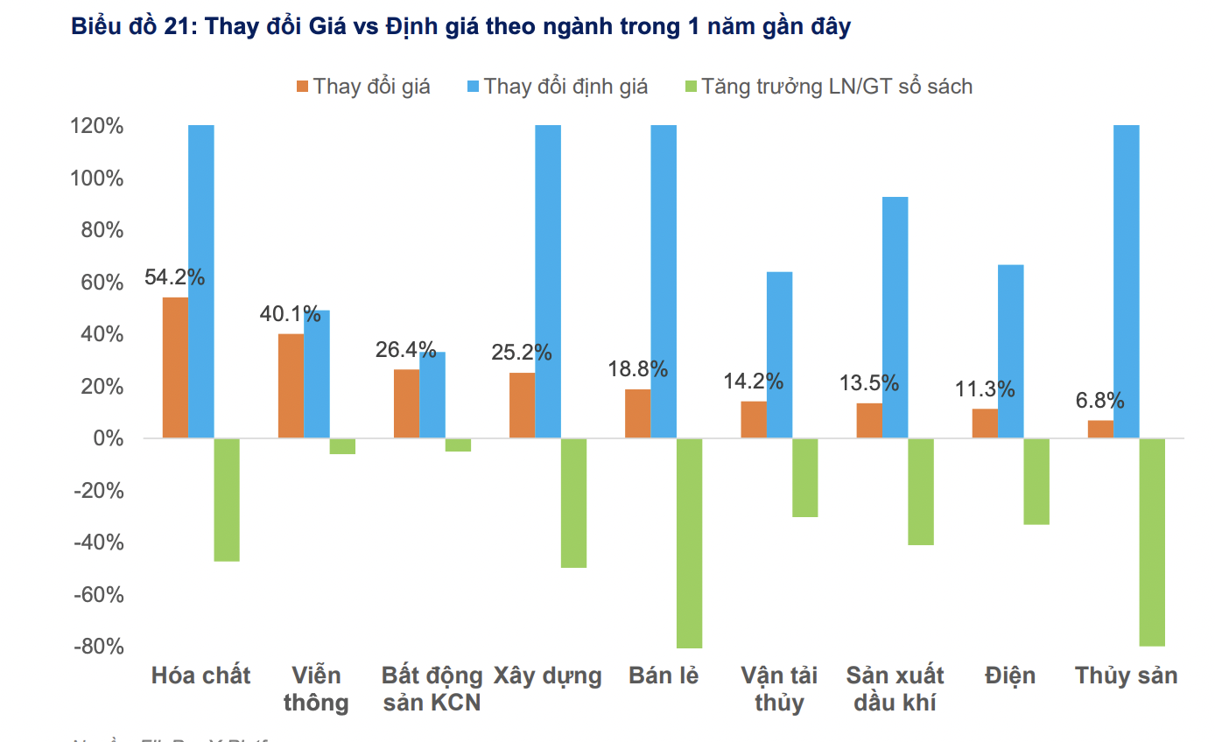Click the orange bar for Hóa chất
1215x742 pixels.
click(x=175, y=367)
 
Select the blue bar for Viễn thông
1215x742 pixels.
click(x=317, y=374)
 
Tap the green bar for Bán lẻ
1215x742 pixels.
click(x=689, y=542)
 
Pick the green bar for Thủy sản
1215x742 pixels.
click(x=1152, y=542)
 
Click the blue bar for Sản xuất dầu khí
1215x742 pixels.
click(x=895, y=317)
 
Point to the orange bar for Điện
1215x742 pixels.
click(x=985, y=423)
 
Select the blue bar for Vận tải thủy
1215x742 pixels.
click(x=779, y=354)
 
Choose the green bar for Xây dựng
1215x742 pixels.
click(x=573, y=502)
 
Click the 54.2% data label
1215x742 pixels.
click(x=174, y=277)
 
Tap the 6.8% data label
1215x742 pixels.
click(x=1099, y=401)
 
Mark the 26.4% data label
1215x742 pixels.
click(x=405, y=350)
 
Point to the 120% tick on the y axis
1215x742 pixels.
click(x=96, y=126)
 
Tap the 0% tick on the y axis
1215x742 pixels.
click(x=109, y=438)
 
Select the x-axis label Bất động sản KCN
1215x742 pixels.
click(x=432, y=689)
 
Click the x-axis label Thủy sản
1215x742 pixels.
click(x=1126, y=676)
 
